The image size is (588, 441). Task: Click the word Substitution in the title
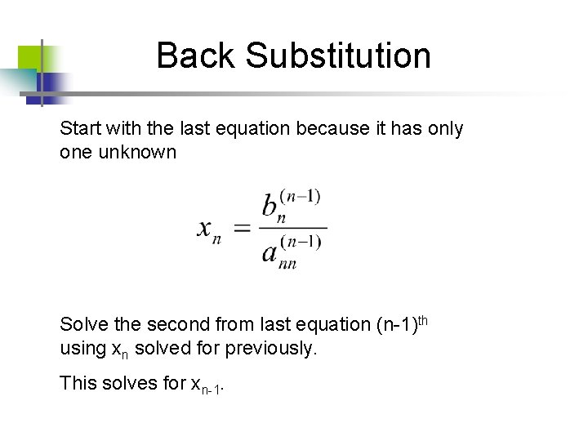pyautogui.click(x=338, y=56)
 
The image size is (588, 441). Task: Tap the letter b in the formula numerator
pyautogui.click(x=269, y=205)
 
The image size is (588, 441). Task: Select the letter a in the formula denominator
pyautogui.click(x=269, y=252)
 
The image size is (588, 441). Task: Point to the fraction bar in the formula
pyautogui.click(x=292, y=229)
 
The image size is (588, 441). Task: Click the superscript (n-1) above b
pyautogui.click(x=301, y=195)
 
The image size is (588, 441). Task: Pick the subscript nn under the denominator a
pyautogui.click(x=287, y=263)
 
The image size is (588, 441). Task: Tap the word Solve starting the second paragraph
pyautogui.click(x=82, y=325)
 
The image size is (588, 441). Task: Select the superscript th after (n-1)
pyautogui.click(x=422, y=319)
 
